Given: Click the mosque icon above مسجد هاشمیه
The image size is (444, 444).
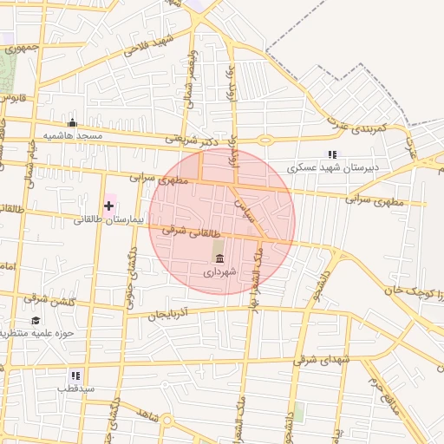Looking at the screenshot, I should coord(72,123).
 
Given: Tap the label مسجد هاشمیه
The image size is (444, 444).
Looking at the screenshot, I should coord(77,137).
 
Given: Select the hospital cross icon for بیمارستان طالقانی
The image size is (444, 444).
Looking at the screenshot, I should coord(108,206).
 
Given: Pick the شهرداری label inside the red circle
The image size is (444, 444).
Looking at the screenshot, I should coord(219,271).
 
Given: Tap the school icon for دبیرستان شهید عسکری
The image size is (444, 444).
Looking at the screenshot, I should coord(332,154).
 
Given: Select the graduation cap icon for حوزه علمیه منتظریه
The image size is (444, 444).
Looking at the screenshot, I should coord(36,320).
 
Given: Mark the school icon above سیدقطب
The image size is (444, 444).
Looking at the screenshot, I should coord(75,375).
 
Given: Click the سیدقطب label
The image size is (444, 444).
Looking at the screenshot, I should coord(75,389).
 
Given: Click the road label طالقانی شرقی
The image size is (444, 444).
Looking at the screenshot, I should coord(186,232).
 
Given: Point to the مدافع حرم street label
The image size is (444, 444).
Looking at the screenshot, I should coord(382,395).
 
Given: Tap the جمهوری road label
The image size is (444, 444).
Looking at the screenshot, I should coord(21,48).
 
